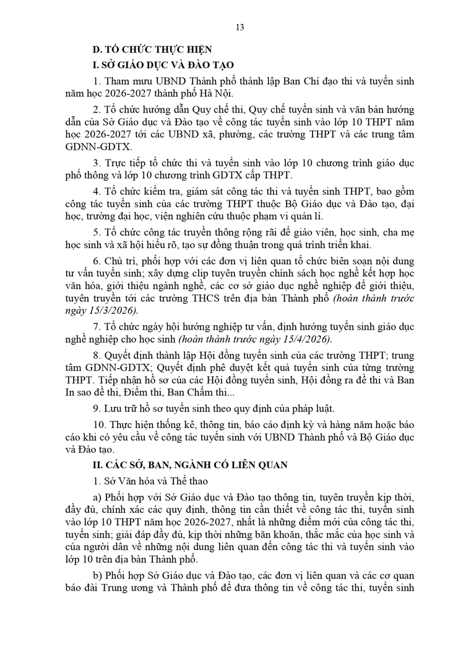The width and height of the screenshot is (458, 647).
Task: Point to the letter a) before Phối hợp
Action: [x=97, y=497]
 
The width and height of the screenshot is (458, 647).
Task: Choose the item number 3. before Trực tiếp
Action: [x=97, y=164]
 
